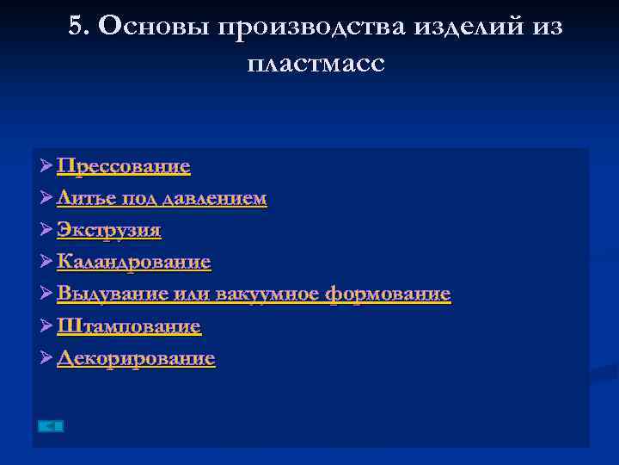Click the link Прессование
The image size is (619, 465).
[x=123, y=165]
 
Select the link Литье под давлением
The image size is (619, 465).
[x=162, y=198]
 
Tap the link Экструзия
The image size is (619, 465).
[x=108, y=230]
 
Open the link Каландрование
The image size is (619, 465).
[x=133, y=262]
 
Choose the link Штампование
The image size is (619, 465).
[x=128, y=326]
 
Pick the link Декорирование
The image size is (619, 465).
[x=136, y=358]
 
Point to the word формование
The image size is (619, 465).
[x=388, y=294]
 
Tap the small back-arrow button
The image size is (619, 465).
[x=52, y=425]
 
